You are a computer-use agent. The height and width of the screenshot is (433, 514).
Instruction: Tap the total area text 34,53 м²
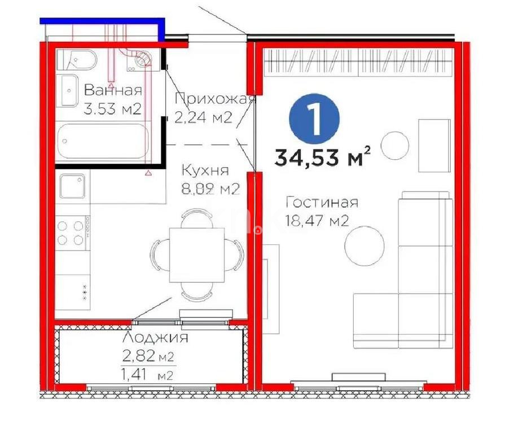(x=323, y=157)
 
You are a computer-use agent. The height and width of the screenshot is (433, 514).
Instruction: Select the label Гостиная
(x=322, y=203)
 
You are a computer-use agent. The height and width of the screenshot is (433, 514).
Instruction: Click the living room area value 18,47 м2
(x=317, y=220)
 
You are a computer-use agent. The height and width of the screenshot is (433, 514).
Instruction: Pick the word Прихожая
(x=216, y=99)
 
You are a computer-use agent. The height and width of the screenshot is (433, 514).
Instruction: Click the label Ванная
(x=112, y=90)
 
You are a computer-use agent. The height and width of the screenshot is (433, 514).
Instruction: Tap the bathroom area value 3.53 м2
(x=112, y=108)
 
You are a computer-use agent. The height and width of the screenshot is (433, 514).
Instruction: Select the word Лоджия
(x=155, y=339)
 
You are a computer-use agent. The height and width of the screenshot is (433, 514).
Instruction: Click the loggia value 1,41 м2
(x=147, y=374)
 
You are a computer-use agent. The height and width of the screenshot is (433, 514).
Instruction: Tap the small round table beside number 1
(x=394, y=145)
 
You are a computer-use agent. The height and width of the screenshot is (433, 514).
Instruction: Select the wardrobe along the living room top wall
(x=359, y=63)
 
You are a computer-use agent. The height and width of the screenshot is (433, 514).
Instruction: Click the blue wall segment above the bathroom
(x=102, y=21)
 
